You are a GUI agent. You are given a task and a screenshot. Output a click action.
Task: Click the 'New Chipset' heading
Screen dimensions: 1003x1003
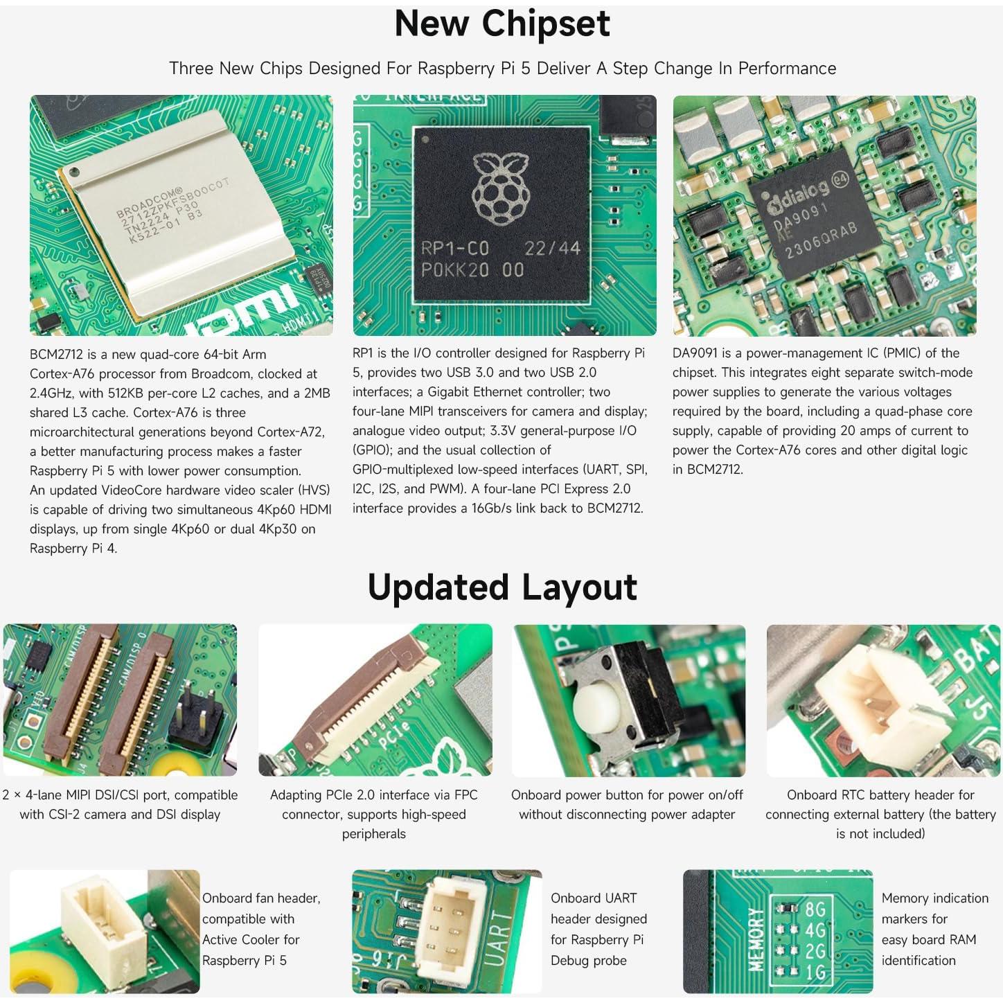pos(501,24)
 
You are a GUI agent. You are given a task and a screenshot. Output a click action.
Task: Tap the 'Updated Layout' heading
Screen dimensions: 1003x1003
pos(501,587)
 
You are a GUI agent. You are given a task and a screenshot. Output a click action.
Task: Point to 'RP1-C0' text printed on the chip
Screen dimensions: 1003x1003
pos(455,249)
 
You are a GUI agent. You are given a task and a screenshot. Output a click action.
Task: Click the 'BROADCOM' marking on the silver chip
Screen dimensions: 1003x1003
pos(149,202)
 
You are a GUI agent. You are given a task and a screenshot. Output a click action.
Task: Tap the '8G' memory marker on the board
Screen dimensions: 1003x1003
pos(815,909)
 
